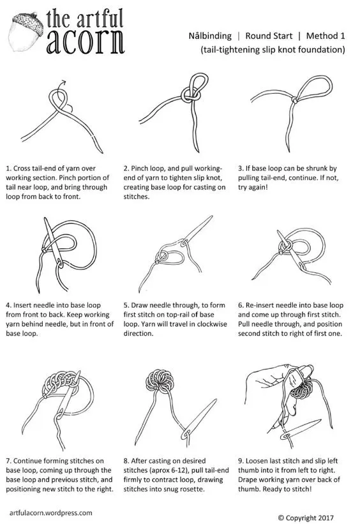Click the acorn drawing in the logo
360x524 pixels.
(27, 32)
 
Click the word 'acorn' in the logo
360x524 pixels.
(86, 41)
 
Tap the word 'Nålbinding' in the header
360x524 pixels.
(210, 36)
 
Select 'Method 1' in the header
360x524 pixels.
(326, 36)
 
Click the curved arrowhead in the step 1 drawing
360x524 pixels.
(63, 83)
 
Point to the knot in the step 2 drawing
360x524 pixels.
(191, 94)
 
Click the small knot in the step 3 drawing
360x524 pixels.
(294, 100)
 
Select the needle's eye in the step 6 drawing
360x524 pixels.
(302, 267)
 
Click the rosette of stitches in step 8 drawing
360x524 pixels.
(160, 380)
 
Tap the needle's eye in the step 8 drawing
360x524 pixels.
(186, 434)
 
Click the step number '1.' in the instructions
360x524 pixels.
(9, 168)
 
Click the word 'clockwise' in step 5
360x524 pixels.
(211, 324)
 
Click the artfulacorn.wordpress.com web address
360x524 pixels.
(51, 513)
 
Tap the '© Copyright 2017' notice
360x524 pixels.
(306, 518)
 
